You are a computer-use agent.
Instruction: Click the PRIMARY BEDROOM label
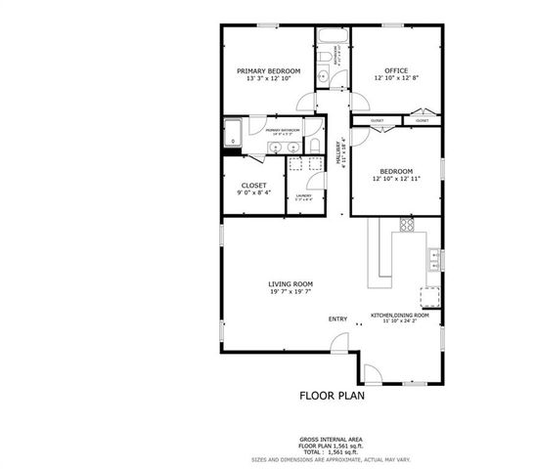(269, 71)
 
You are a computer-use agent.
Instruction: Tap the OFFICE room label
(396, 70)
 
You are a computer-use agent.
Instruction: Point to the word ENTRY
(337, 319)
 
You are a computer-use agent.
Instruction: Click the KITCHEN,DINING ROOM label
(399, 315)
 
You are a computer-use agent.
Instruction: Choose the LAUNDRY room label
(303, 195)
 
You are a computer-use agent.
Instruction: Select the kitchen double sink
(433, 259)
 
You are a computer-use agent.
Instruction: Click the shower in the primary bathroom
(233, 133)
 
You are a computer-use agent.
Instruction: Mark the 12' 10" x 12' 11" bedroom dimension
(396, 180)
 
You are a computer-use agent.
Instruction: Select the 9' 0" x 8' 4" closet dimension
(253, 192)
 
